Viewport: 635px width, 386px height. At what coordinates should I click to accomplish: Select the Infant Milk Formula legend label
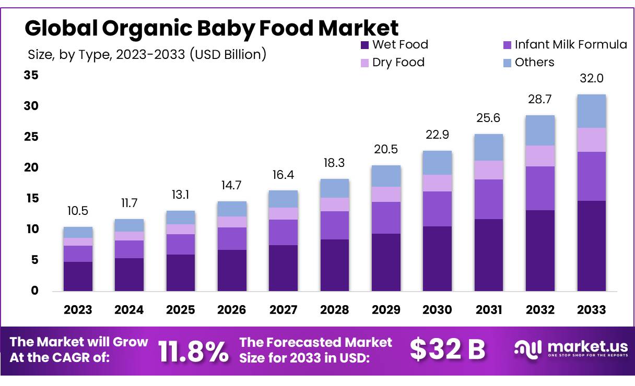[x=571, y=45]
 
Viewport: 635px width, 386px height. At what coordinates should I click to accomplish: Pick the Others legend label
[x=534, y=63]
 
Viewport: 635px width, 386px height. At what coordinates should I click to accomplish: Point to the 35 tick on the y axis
[x=31, y=76]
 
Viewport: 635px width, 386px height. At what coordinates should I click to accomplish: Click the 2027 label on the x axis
[x=283, y=310]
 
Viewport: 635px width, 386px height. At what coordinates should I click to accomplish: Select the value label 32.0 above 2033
[x=592, y=79]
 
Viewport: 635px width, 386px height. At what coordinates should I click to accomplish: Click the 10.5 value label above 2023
[x=78, y=211]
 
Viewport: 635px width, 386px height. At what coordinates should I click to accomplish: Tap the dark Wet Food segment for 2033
[x=592, y=246]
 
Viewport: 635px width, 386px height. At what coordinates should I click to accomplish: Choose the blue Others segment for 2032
[x=540, y=130]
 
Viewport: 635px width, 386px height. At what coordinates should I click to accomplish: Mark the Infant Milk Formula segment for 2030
[x=437, y=209]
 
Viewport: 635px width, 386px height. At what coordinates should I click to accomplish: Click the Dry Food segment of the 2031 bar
[x=489, y=170]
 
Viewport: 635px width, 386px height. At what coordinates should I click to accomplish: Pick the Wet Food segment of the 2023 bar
[x=78, y=276]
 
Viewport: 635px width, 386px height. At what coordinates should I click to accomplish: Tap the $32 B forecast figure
[x=448, y=350]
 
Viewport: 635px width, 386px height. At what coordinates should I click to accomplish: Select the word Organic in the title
[x=151, y=28]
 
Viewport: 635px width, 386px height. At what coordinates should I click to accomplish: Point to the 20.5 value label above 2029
[x=386, y=150]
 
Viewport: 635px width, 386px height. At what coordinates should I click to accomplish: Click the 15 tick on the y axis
[x=31, y=199]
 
